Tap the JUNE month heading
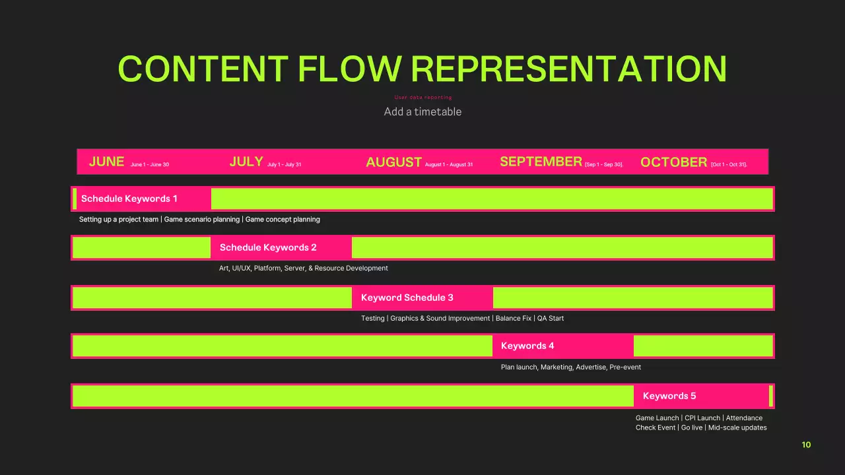coord(106,162)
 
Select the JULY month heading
coord(246,162)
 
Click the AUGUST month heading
coord(393,162)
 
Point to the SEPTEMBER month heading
coord(541,162)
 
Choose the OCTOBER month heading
coord(673,162)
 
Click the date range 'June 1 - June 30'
coord(150,164)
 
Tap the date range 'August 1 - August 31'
coord(449,164)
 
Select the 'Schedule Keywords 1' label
coord(129,199)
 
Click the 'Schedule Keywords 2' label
coord(268,247)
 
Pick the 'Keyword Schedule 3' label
coord(407,298)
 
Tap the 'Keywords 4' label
coord(527,346)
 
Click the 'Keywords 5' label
coord(669,396)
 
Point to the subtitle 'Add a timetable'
coord(422,111)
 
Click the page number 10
coord(806,445)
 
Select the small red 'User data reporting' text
coord(423,98)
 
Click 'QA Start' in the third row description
coord(551,318)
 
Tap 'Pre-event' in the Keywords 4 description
coord(625,367)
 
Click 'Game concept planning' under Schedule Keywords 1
coord(283,219)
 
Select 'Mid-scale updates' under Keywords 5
coord(737,427)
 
